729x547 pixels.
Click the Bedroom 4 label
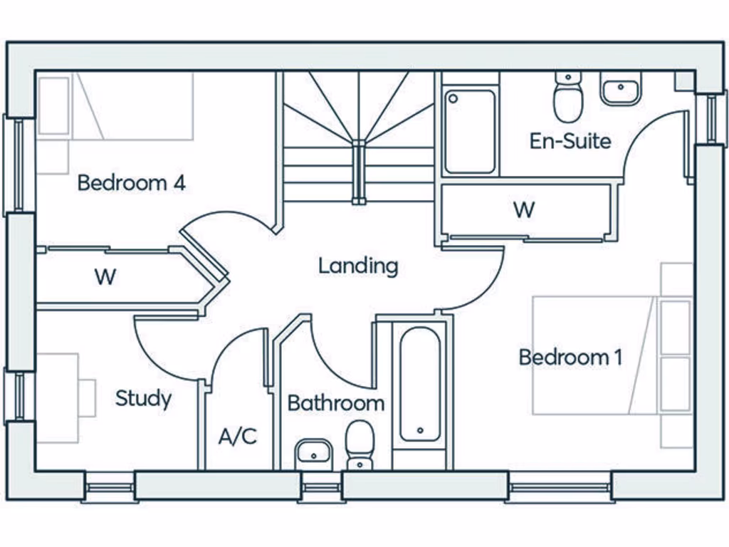[132, 183]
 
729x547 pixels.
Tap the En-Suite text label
[570, 140]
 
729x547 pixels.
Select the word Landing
[357, 266]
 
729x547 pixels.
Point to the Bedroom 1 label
[570, 357]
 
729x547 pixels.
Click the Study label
[143, 398]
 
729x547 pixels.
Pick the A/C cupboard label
[237, 436]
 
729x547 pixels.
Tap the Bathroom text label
[335, 403]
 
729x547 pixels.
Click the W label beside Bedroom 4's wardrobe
[105, 277]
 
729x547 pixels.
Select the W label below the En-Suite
[524, 210]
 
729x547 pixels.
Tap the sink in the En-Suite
[621, 89]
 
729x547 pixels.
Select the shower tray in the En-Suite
[470, 130]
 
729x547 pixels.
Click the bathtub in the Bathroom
[419, 385]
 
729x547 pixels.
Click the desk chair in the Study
[87, 397]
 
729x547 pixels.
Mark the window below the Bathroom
[321, 489]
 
